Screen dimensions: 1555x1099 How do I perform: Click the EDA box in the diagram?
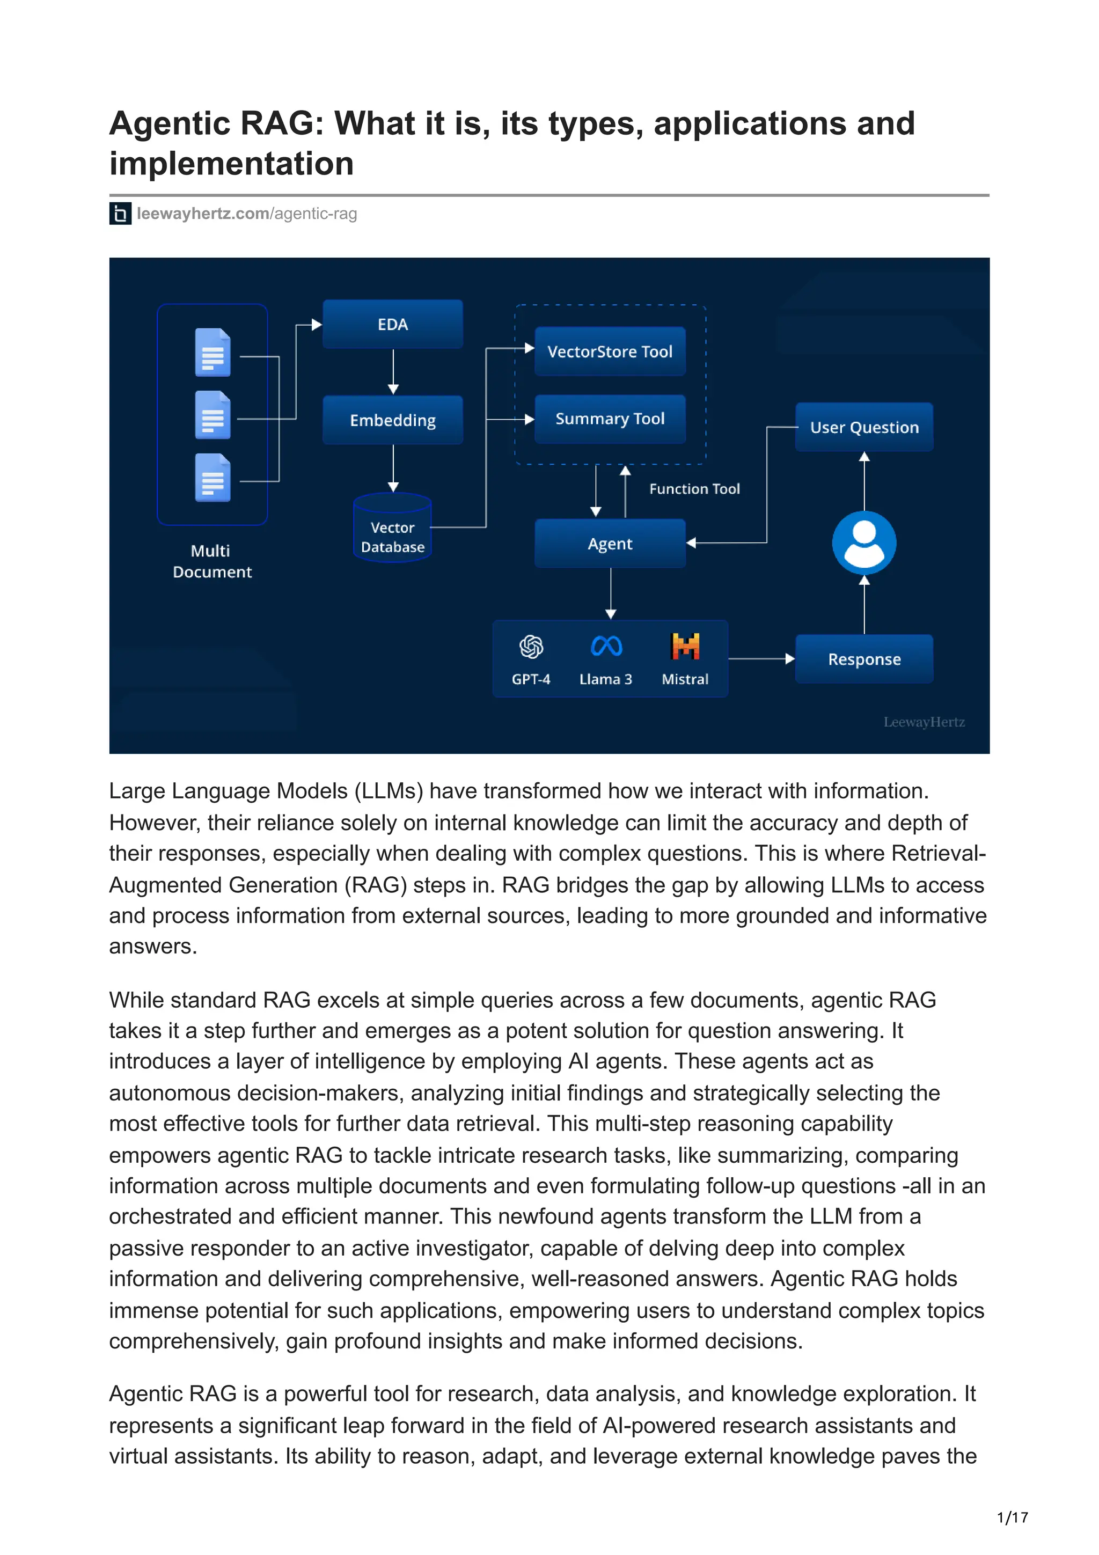392,325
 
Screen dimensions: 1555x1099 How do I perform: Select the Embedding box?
392,420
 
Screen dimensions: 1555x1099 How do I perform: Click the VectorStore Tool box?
610,351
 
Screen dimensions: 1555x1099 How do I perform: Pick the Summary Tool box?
610,419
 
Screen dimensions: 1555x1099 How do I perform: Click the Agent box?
610,543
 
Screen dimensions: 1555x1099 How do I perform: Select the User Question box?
864,427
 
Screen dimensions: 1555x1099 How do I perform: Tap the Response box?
864,659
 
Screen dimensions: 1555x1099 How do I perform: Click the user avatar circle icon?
864,542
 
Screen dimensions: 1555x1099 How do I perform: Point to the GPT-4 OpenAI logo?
531,647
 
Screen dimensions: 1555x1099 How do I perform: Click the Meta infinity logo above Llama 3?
606,646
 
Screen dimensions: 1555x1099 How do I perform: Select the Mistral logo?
685,646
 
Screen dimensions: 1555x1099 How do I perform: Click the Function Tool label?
694,489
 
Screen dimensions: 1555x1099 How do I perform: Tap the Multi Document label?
211,561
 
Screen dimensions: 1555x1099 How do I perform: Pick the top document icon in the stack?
213,352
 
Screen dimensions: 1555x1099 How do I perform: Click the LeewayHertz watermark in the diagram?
924,722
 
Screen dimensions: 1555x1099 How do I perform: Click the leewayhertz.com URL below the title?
246,214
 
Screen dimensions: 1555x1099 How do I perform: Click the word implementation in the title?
232,164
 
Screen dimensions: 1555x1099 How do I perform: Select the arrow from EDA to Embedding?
393,371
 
